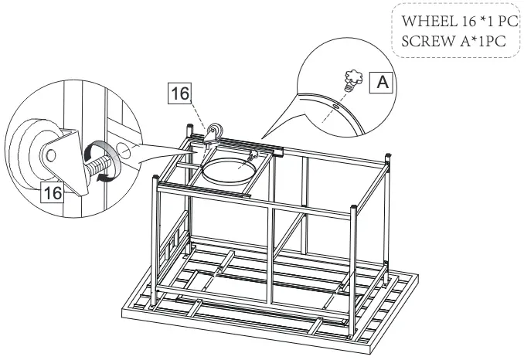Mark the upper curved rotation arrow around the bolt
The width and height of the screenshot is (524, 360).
[x=100, y=148]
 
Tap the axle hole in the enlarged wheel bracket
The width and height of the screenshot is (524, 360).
[x=50, y=155]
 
